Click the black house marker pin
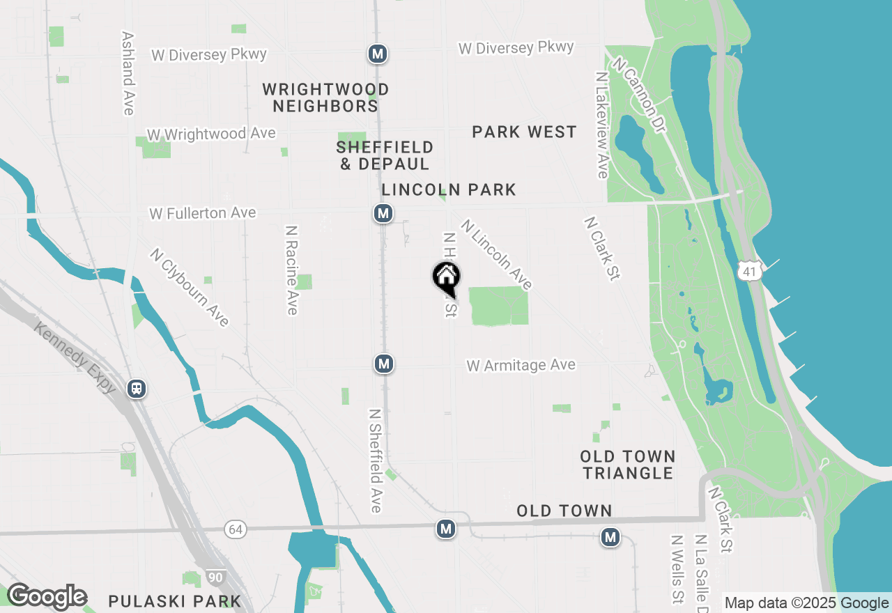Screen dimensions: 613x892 (x=446, y=277)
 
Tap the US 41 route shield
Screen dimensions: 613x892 (x=749, y=271)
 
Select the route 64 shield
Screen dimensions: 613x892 (x=236, y=529)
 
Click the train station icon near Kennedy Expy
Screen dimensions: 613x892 (x=137, y=388)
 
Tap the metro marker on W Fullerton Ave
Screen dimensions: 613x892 (x=383, y=213)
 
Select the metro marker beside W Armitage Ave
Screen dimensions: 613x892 (x=383, y=363)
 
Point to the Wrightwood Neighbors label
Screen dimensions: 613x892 (x=325, y=98)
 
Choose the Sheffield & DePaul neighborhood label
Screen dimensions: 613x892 (x=384, y=155)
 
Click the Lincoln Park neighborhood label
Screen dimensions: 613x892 (x=449, y=189)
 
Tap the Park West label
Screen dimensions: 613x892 (x=524, y=132)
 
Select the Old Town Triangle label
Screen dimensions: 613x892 (x=628, y=465)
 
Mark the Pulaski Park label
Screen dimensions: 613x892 (x=175, y=600)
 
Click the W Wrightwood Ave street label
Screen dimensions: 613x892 (x=211, y=134)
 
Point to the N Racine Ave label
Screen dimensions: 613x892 (x=292, y=270)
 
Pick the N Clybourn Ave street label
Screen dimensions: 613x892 (x=189, y=286)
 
